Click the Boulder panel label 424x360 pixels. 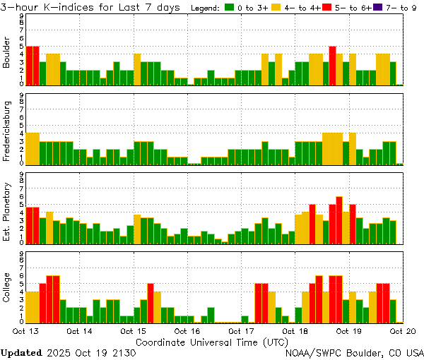pos(7,54)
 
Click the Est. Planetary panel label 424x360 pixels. pos(7,212)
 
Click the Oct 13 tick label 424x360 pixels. pos(25,330)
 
